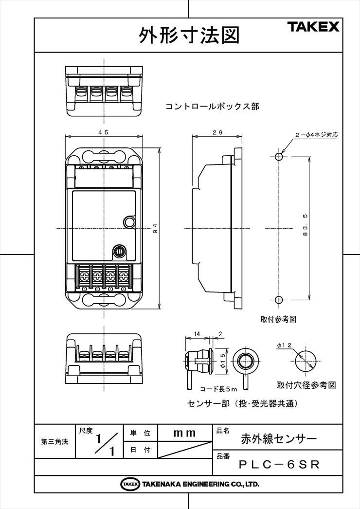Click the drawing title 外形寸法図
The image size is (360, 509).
pos(189,35)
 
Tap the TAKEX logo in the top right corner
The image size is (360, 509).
pos(313,27)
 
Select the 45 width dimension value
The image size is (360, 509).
pos(104,132)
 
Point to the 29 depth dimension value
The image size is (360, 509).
pos(217,132)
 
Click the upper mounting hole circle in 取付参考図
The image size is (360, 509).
pos(279,157)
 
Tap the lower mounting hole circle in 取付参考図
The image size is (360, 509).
pos(279,300)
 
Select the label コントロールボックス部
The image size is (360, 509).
pos(212,107)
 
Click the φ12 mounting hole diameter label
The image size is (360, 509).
pos(285,345)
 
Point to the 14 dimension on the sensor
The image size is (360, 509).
pos(197,334)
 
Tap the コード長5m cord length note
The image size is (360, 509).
pos(218,389)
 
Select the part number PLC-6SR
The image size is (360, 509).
pos(279,465)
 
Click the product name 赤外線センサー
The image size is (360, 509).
pos(279,439)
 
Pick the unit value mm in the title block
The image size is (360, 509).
pos(184,433)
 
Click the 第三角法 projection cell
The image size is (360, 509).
pos(54,441)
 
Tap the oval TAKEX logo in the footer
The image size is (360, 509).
pos(130,484)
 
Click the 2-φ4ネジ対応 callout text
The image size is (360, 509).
pos(316,134)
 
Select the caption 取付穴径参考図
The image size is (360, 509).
pos(306,385)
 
